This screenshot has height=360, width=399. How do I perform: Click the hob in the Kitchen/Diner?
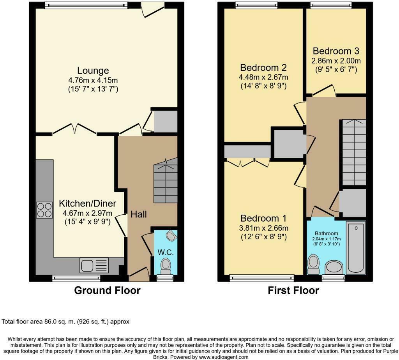pyautogui.click(x=44, y=210)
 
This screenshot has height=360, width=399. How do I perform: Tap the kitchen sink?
pyautogui.click(x=94, y=265)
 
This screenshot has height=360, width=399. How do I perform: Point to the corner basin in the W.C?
pyautogui.click(x=171, y=235)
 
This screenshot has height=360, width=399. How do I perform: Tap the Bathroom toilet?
pyautogui.click(x=313, y=265)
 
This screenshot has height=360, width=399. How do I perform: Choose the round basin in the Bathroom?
pyautogui.click(x=334, y=267)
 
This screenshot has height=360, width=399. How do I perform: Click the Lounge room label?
pyautogui.click(x=93, y=71)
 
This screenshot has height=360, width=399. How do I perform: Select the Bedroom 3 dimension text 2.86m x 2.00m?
pyautogui.click(x=336, y=61)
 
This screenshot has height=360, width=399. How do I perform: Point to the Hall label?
pyautogui.click(x=139, y=214)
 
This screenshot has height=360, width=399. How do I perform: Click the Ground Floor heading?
pyautogui.click(x=107, y=290)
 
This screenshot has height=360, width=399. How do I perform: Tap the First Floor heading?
pyautogui.click(x=293, y=290)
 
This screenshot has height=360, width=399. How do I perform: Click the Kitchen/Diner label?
pyautogui.click(x=88, y=203)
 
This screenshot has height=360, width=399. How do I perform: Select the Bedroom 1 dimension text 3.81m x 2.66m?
pyautogui.click(x=264, y=228)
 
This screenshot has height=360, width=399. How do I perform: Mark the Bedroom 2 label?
pyautogui.click(x=264, y=68)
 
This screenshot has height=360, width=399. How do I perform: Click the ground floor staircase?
pyautogui.click(x=165, y=180)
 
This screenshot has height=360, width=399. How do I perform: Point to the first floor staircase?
pyautogui.click(x=354, y=152)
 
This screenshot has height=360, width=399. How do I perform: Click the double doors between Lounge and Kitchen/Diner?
pyautogui.click(x=74, y=129)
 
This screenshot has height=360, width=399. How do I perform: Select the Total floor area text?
pyautogui.click(x=65, y=321)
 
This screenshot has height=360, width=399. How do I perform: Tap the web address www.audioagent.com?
pyautogui.click(x=223, y=357)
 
